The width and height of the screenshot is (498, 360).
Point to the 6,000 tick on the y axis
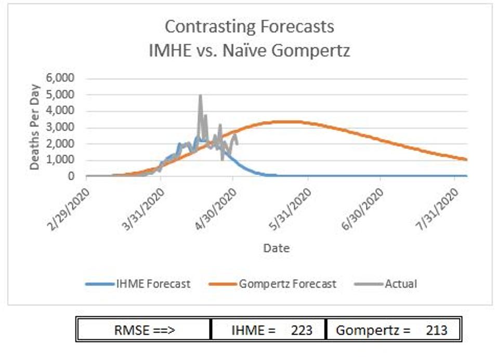pos(63,78)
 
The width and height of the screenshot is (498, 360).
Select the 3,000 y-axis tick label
pos(63,127)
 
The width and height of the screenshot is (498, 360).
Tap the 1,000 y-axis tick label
pos(63,160)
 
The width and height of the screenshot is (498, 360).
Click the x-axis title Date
pos(276,248)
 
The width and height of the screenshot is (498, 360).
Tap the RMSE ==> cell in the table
pos(143,330)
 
